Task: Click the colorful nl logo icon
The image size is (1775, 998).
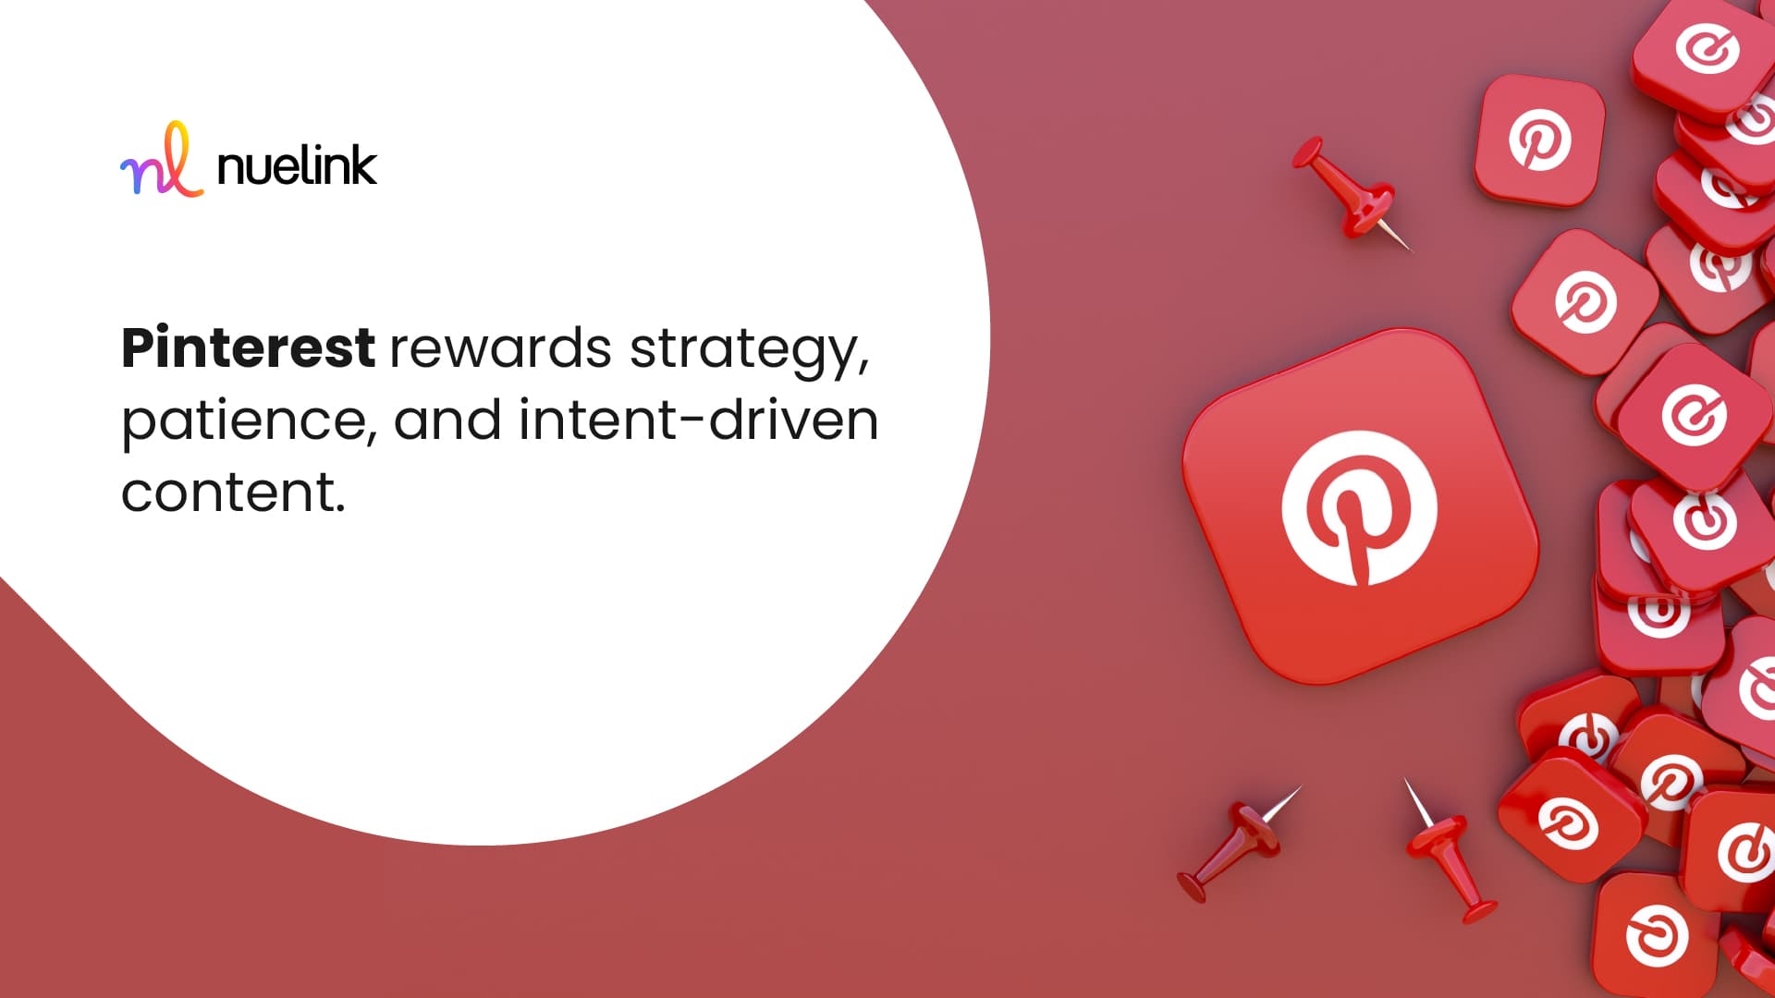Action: click(x=162, y=160)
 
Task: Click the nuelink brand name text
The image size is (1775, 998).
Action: click(x=297, y=166)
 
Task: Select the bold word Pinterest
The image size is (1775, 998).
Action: click(x=248, y=347)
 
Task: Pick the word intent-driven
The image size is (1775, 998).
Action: click(x=698, y=420)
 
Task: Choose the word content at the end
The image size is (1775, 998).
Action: click(x=226, y=493)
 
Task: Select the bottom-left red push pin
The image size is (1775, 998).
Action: click(x=1237, y=845)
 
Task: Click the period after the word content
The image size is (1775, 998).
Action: click(x=340, y=508)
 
